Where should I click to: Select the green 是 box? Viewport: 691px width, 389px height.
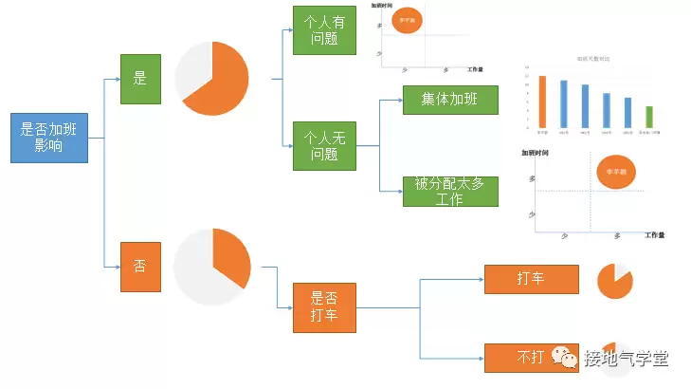140,79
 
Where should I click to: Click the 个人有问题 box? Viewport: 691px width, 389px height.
324,29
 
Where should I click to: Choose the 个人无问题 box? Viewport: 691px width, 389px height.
324,146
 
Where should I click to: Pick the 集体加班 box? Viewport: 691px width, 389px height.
450,100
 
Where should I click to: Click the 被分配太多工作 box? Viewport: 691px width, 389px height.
450,191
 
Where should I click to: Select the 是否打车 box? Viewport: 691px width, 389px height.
324,307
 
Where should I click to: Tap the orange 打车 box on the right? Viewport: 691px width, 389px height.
531,279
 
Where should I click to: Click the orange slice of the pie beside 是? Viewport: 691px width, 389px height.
223,81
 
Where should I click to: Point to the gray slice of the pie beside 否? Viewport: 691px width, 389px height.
194,270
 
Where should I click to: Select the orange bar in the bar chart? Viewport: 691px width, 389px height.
542,101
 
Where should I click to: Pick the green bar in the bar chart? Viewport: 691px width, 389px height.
649,116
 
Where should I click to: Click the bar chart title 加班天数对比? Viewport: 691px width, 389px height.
593,59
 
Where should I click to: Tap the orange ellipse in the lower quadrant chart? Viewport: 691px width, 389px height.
616,172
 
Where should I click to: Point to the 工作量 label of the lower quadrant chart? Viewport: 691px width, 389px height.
655,234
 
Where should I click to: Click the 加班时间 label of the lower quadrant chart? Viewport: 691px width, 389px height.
537,152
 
